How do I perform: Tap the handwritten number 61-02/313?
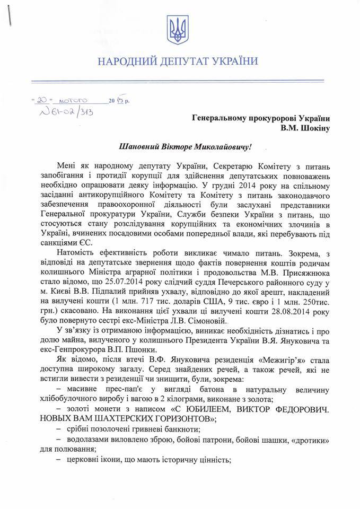[63, 113]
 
